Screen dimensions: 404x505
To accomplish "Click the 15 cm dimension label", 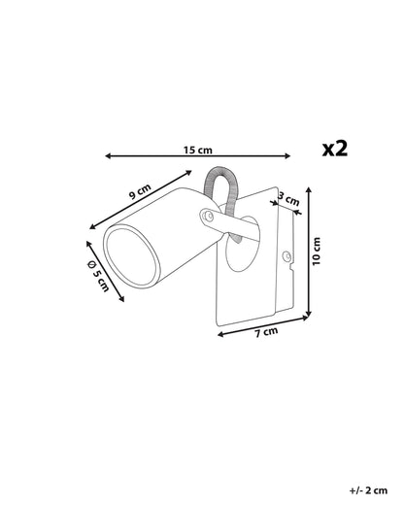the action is coord(198,151).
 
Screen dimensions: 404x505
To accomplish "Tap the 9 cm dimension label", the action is coord(140,191).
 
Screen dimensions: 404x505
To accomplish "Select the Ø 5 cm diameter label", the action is coord(98,276).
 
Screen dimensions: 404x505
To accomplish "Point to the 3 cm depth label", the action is coord(288,199).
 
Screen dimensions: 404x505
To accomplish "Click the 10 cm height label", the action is coord(317,252).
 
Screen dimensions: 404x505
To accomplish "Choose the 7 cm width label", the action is coord(266,332).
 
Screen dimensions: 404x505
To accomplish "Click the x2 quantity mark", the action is coord(335,150).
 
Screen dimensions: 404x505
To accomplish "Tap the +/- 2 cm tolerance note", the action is coord(368,490).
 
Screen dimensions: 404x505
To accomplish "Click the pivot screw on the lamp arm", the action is coord(209,216).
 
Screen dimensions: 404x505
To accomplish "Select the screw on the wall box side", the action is coord(286,255).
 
